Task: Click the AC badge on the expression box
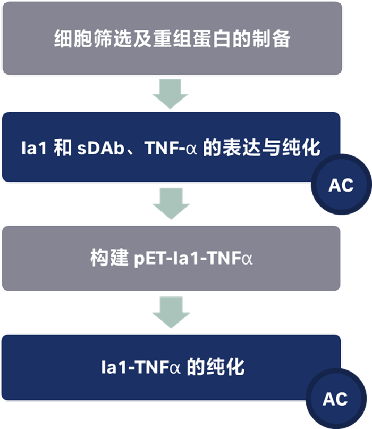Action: pyautogui.click(x=341, y=185)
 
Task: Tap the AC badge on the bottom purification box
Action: pyautogui.click(x=335, y=399)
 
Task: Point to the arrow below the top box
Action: pyautogui.click(x=171, y=93)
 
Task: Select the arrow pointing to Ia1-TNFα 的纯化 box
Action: pyautogui.click(x=171, y=312)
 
